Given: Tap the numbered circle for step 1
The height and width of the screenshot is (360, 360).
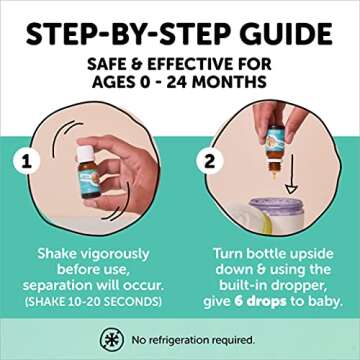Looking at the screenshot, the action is click(26, 163).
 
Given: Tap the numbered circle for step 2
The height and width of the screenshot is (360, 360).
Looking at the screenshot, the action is click(209, 162).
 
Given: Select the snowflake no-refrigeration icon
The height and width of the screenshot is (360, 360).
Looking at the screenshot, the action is click(112, 340).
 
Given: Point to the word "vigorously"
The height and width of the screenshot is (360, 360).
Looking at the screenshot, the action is click(114, 255).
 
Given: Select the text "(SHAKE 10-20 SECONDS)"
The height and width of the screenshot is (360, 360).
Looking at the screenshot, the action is click(92, 302).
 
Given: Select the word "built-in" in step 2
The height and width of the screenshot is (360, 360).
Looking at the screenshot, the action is click(247, 286).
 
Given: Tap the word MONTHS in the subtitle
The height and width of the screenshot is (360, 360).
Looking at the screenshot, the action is click(229, 82).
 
